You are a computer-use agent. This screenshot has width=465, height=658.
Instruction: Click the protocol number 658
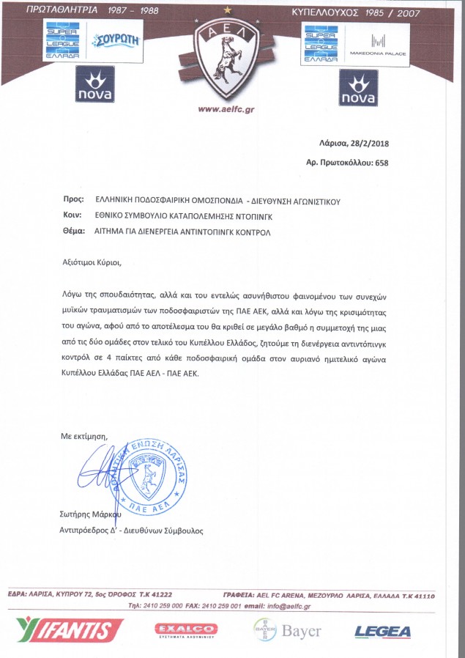pyautogui.click(x=381, y=163)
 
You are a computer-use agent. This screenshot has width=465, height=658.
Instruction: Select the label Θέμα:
pyautogui.click(x=73, y=232)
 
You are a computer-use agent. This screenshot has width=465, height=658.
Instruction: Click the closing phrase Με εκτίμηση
pyautogui.click(x=83, y=436)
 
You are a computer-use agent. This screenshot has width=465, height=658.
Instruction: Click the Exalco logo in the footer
pyautogui.click(x=186, y=629)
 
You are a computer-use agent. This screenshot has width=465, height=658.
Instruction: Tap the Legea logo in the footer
pyautogui.click(x=382, y=630)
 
